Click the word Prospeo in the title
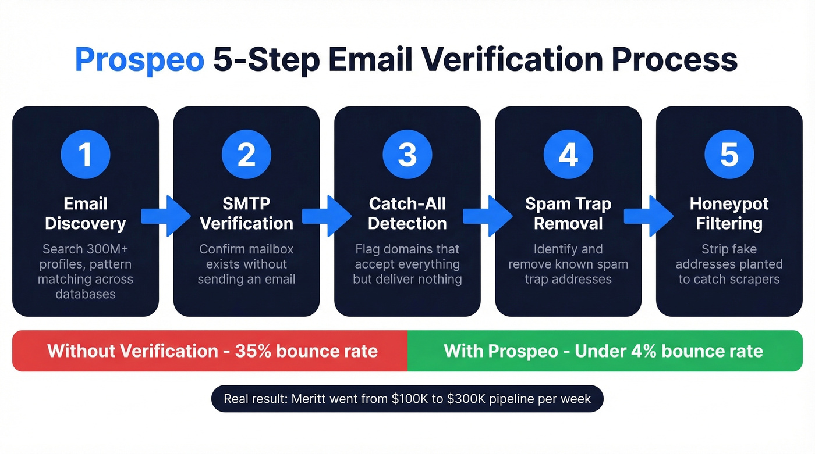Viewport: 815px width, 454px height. (x=139, y=60)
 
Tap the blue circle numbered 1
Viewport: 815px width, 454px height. (x=86, y=155)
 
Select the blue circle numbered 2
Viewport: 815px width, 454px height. (x=246, y=155)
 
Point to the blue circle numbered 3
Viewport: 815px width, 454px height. (x=407, y=155)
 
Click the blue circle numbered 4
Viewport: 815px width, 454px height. (x=568, y=155)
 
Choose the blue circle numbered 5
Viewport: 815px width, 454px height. (x=729, y=155)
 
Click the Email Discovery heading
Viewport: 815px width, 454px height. (x=86, y=213)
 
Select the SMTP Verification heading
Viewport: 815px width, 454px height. (x=246, y=213)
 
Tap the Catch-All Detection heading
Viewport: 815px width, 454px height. (x=407, y=213)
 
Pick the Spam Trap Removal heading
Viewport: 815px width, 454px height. (x=568, y=213)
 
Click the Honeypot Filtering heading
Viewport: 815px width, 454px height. (x=729, y=213)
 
